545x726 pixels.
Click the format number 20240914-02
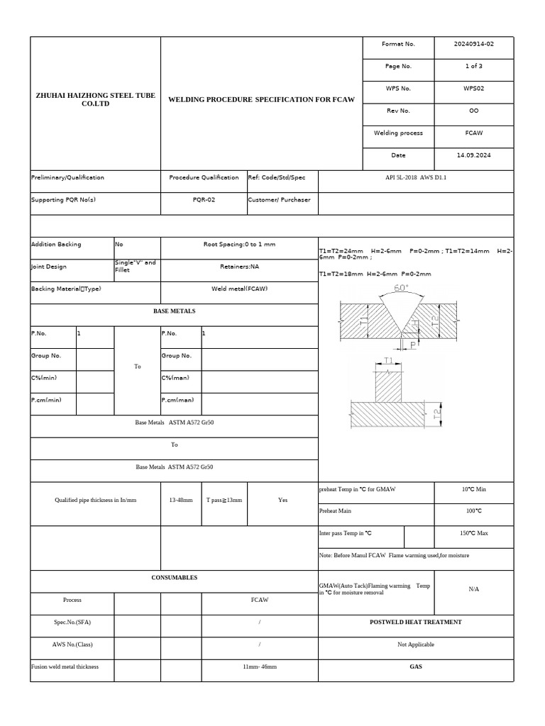point(473,44)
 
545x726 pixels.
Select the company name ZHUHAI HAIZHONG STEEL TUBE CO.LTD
point(95,99)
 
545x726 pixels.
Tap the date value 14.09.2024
point(473,155)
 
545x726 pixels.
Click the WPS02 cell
point(473,89)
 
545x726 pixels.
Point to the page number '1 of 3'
point(473,66)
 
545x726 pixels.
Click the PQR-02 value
point(204,200)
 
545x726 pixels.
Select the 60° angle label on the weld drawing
point(401,288)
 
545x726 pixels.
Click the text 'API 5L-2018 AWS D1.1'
point(415,177)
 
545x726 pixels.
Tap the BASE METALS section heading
point(174,311)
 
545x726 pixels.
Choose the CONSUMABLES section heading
point(174,578)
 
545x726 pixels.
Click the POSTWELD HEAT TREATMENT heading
point(415,622)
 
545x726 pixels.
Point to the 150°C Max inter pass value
point(473,533)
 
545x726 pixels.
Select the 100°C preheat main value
point(473,510)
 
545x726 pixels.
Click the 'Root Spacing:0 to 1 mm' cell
point(239,245)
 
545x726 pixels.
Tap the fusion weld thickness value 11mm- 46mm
point(260,667)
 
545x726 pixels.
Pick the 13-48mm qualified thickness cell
point(181,500)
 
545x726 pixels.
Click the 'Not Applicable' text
point(415,644)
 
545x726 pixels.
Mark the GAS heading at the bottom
point(415,667)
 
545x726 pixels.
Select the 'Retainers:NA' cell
point(239,267)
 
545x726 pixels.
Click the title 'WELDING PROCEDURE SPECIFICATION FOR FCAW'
point(260,99)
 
